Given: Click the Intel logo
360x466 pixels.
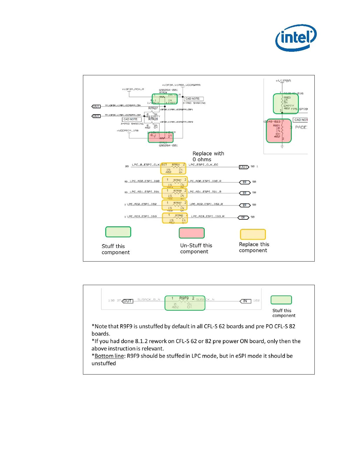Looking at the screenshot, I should (x=296, y=38).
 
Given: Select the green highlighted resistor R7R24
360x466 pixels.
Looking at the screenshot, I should (x=164, y=99).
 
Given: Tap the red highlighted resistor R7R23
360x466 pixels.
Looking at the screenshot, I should (x=161, y=137).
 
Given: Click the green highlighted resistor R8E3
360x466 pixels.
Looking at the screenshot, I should (x=286, y=104).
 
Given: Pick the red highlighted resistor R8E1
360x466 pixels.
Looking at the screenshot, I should (x=279, y=131).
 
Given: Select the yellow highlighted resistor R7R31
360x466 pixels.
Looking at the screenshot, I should (x=174, y=169).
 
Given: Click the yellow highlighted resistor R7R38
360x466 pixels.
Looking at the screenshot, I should (x=175, y=193).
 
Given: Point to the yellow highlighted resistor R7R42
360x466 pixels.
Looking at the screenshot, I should (x=175, y=218).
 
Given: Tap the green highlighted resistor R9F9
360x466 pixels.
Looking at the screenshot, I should (x=185, y=303).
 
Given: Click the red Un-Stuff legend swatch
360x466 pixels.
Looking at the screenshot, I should (x=191, y=233).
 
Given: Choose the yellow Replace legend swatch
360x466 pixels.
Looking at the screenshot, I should (x=253, y=234).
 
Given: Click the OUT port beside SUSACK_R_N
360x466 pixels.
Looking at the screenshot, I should (x=127, y=301).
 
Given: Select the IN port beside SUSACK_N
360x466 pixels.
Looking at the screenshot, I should (x=245, y=301).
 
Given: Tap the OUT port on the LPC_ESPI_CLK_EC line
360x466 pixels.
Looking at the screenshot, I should (x=244, y=167).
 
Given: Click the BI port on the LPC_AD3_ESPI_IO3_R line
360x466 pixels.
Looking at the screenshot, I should (x=243, y=217).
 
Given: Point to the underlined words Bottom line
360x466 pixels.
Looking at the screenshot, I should (x=109, y=356).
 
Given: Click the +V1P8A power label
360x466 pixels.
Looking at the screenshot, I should (x=283, y=81).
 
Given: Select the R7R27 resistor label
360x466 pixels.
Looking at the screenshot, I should (x=153, y=108).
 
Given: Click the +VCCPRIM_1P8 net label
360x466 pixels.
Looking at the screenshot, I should (x=127, y=131).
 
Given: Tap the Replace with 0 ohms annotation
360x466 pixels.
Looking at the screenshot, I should (x=208, y=157).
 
